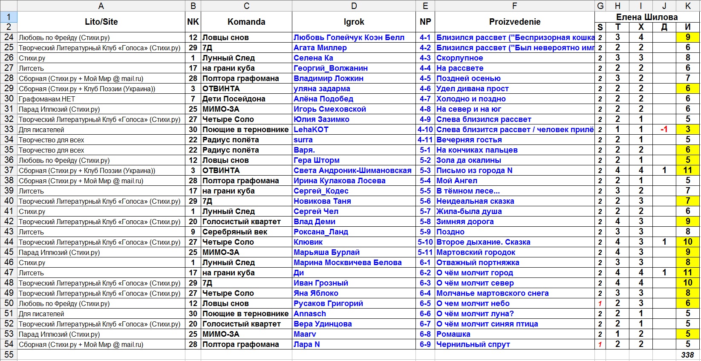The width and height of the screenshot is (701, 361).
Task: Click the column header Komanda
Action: [x=246, y=22]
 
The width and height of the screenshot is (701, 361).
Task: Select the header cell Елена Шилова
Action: [x=646, y=17]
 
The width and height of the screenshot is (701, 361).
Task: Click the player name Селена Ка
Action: [x=313, y=58]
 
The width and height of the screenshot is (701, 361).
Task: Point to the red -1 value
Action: [x=663, y=130]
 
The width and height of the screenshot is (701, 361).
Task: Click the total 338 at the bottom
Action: [x=687, y=355]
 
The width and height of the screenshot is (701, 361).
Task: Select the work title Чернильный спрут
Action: [x=473, y=344]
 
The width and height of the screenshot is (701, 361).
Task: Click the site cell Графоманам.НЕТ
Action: [x=47, y=99]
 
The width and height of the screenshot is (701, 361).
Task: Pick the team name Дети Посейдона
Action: [x=234, y=99]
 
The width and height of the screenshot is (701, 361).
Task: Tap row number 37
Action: [x=9, y=170]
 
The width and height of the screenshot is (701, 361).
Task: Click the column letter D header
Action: [x=354, y=6]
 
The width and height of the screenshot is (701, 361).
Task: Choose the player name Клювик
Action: [x=308, y=242]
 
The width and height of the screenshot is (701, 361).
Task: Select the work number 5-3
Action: [x=425, y=170]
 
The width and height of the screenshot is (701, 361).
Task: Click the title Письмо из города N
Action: [x=474, y=170]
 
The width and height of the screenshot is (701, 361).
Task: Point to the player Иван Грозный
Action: [x=320, y=283]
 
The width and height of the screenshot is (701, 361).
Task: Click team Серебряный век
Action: [x=235, y=232]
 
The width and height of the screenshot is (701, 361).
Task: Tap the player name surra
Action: [x=303, y=140]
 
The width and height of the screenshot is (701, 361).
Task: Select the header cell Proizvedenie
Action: [x=514, y=22]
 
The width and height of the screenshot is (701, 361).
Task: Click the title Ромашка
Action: [x=453, y=334]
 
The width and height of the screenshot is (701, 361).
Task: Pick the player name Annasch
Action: [x=309, y=314]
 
